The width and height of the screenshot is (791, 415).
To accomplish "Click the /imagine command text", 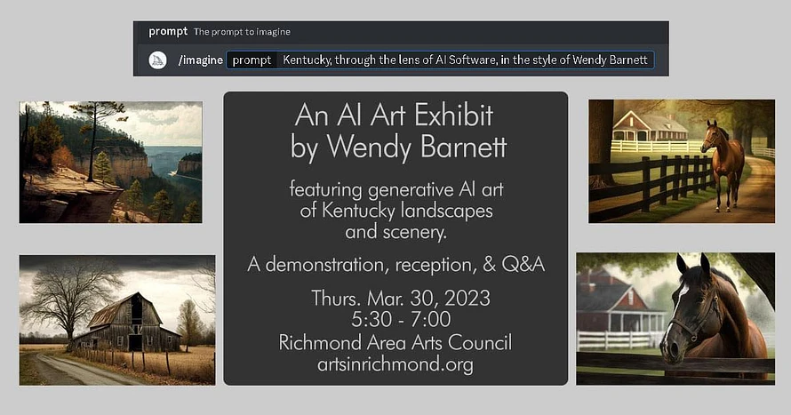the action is pyautogui.click(x=200, y=60).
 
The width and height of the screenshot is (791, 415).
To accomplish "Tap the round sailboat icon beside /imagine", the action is pyautogui.click(x=157, y=60).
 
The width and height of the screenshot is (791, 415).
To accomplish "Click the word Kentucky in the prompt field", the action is pyautogui.click(x=307, y=60).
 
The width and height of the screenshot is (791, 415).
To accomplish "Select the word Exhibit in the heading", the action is pyautogui.click(x=453, y=116).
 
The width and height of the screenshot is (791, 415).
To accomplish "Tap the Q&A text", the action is pyautogui.click(x=523, y=265).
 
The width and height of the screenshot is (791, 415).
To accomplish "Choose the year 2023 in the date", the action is pyautogui.click(x=467, y=298).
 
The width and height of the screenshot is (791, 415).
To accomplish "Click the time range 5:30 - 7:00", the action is pyautogui.click(x=401, y=319).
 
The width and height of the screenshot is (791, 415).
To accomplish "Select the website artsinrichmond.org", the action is pyautogui.click(x=395, y=364).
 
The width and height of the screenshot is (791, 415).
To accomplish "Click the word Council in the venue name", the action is pyautogui.click(x=480, y=342).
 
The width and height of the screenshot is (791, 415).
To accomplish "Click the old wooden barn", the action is pyautogui.click(x=126, y=323).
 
